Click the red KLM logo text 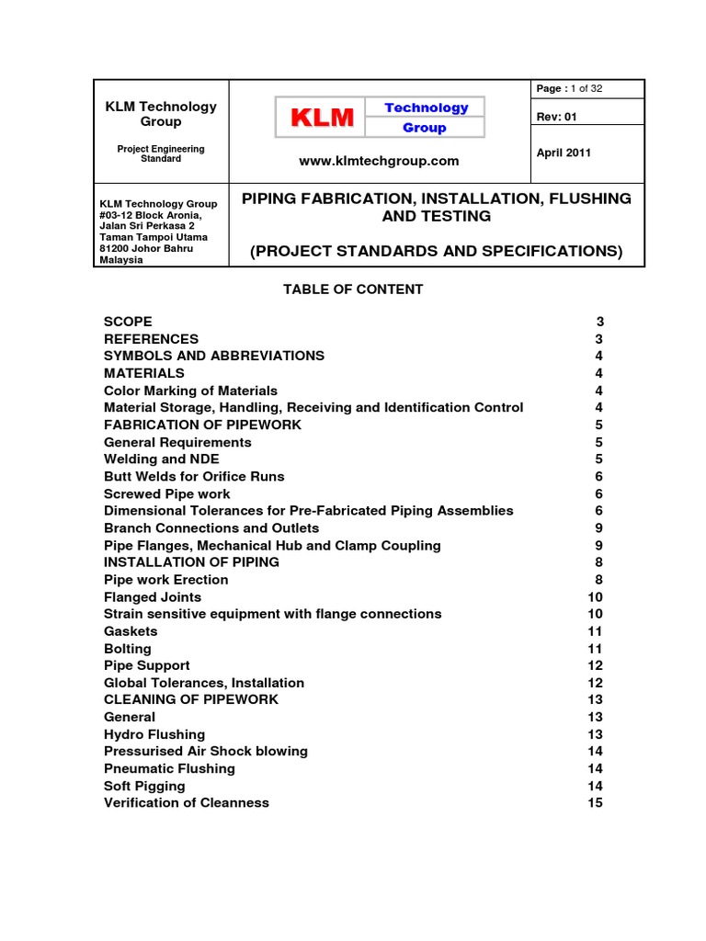coord(322,118)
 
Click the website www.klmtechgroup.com coord(379,161)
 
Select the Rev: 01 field coord(557,117)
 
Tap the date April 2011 coord(564,153)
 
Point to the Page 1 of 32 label coord(569,88)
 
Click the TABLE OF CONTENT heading coord(353,289)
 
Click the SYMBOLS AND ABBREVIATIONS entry coord(213,356)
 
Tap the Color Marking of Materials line coord(190,391)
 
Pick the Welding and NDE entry coord(162,459)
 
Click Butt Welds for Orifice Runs coord(194,476)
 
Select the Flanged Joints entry coord(153,596)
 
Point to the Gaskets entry coord(131,631)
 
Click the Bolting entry coord(129,648)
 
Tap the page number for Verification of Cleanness coord(595,802)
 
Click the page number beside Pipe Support coord(595,665)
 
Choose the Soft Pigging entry coord(144,786)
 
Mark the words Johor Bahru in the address coord(154,248)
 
